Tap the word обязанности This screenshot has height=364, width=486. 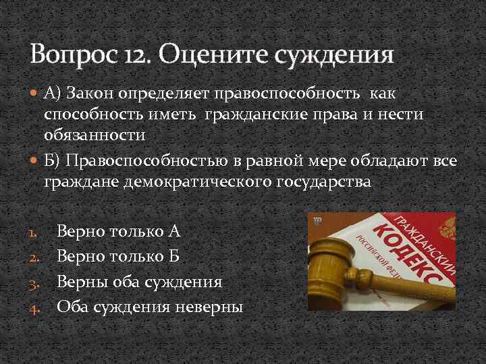(95, 134)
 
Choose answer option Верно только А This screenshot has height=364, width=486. (118, 232)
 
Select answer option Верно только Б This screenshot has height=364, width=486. (118, 257)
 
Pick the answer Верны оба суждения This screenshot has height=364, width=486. (139, 282)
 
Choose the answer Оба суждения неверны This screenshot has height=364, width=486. (150, 307)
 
